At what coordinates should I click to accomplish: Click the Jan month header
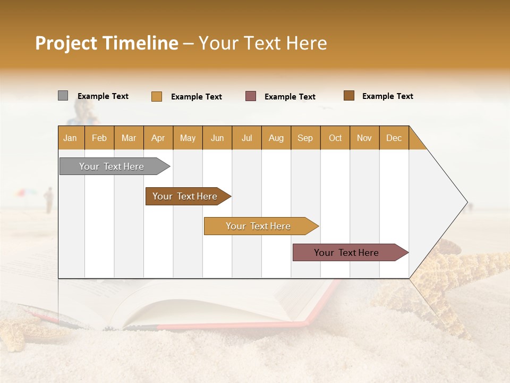[71, 138]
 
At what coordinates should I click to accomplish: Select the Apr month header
[158, 138]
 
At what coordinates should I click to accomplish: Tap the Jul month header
[246, 138]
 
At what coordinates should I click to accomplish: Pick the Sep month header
[305, 138]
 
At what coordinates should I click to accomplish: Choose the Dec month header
[394, 138]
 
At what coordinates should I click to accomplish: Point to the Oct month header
[335, 138]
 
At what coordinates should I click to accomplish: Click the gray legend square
[63, 96]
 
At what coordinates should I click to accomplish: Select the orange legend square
[156, 96]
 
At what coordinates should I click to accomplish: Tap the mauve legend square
[251, 96]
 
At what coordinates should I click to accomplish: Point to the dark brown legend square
[348, 96]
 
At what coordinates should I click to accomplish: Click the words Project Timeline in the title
[106, 43]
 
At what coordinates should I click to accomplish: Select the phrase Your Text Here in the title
[263, 43]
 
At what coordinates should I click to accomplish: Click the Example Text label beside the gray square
[103, 96]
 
